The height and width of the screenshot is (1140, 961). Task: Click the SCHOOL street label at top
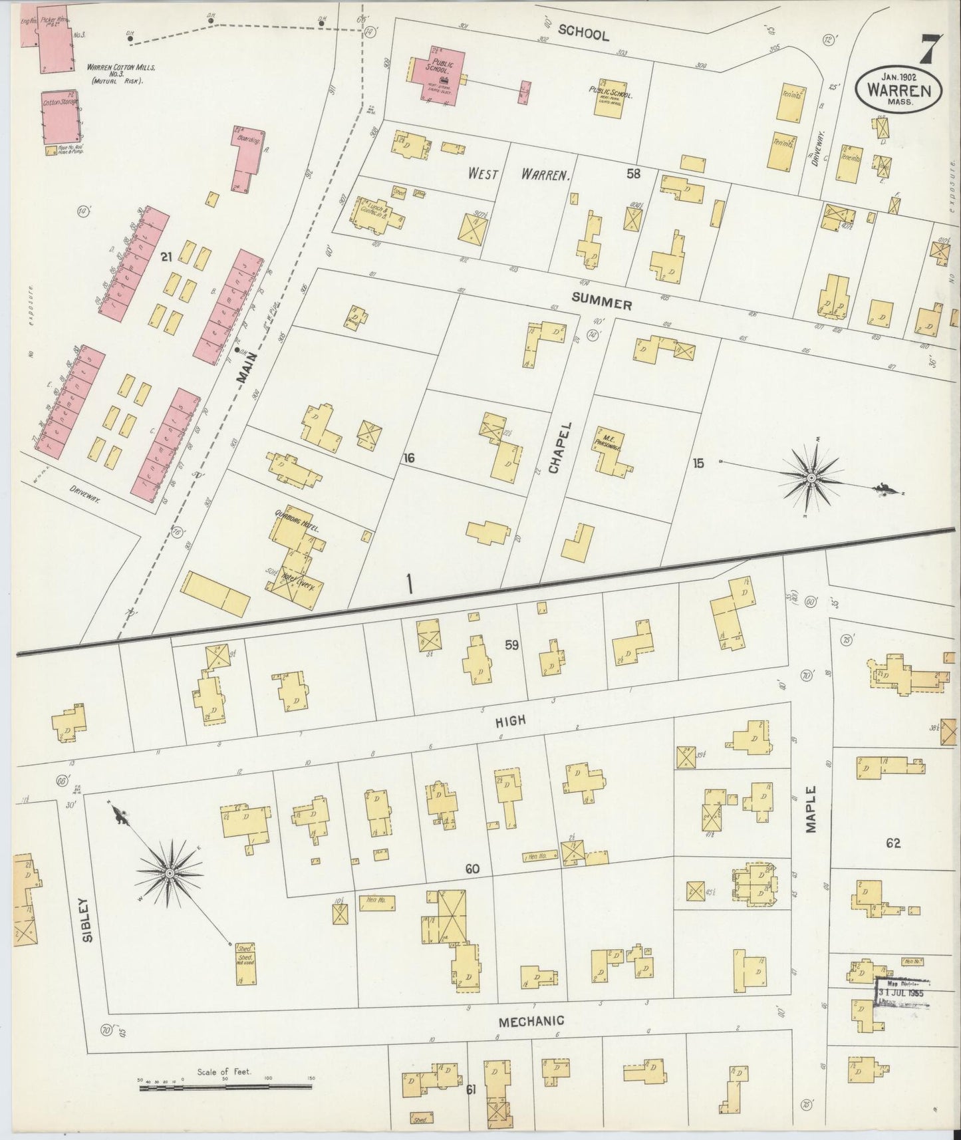click(583, 33)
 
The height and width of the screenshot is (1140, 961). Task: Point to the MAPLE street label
click(811, 809)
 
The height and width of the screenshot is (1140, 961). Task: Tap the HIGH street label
click(510, 720)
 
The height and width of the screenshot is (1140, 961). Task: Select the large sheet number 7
click(929, 47)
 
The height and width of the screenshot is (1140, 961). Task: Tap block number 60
click(472, 869)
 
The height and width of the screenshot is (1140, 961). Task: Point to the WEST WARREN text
click(518, 175)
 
